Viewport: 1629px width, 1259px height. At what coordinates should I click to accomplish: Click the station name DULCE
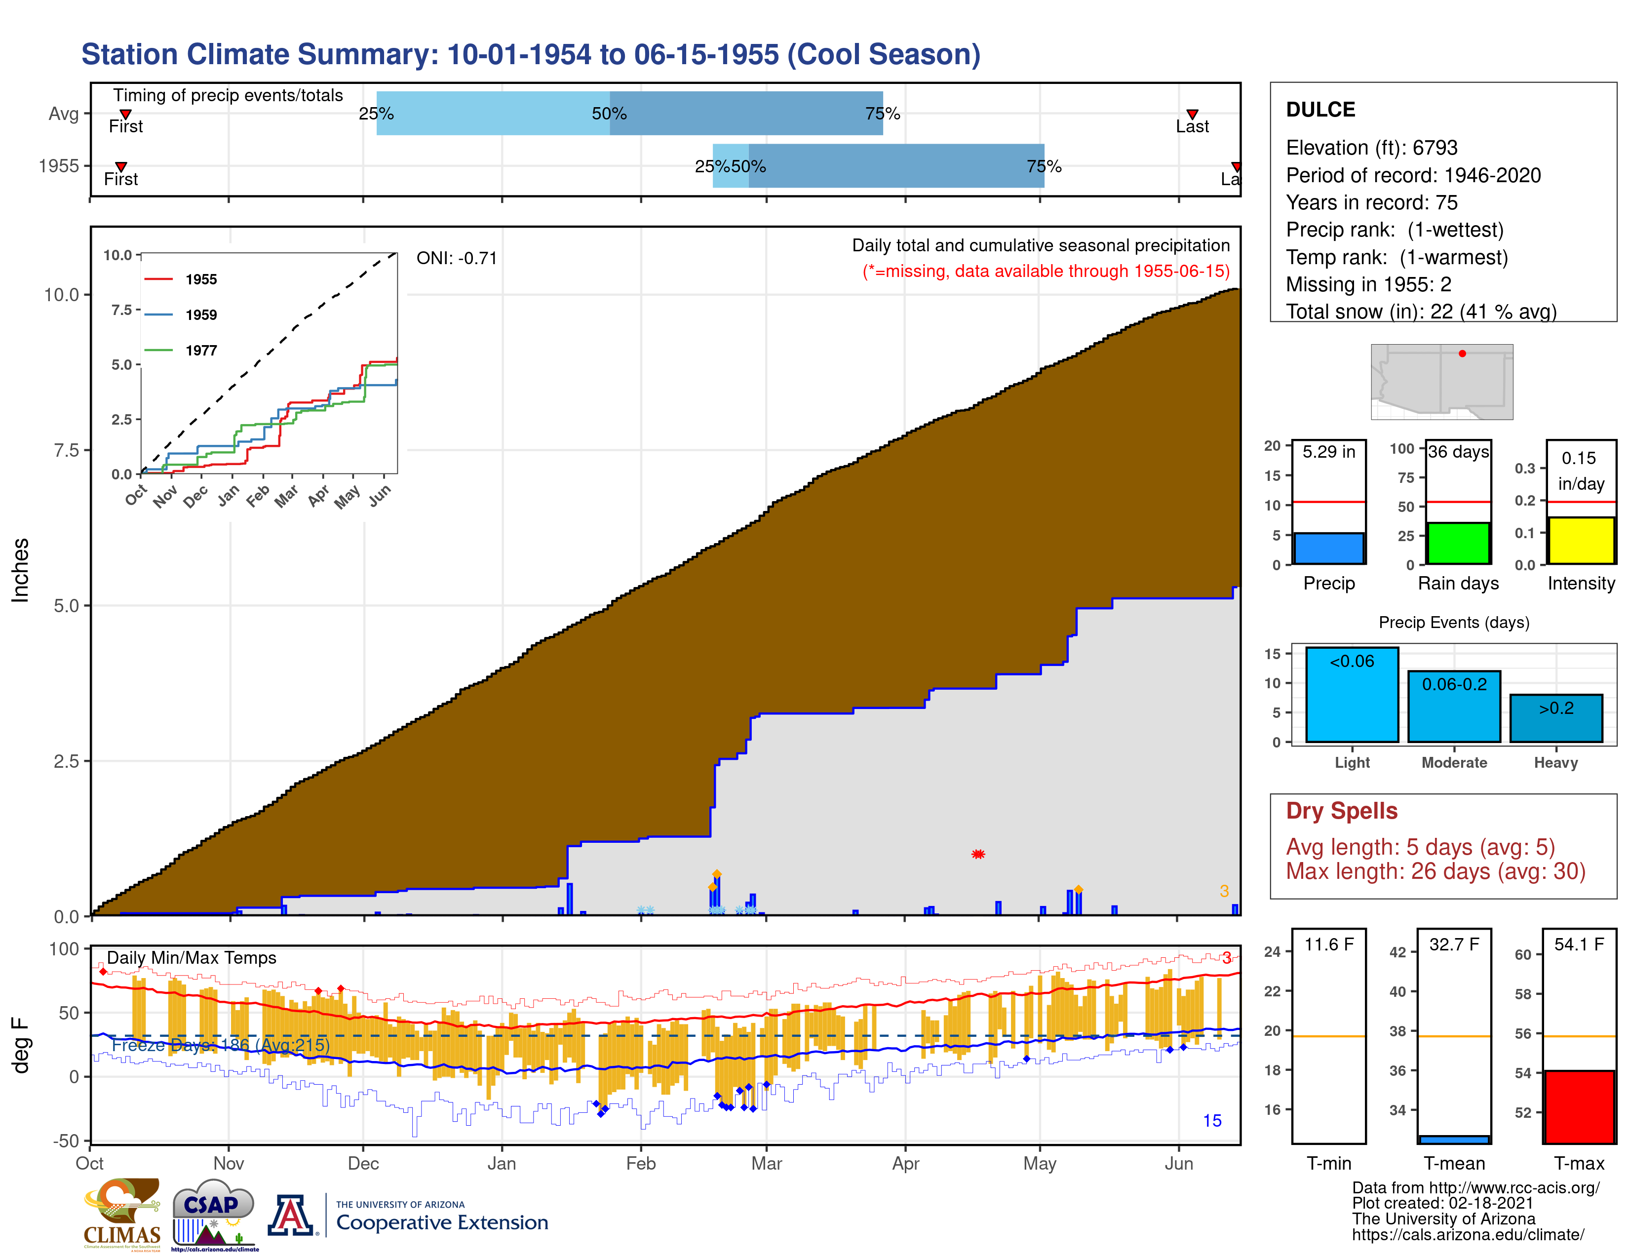click(1320, 110)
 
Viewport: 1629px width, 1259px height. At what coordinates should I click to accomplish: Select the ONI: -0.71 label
click(457, 258)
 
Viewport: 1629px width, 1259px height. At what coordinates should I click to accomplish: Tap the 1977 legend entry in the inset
click(200, 351)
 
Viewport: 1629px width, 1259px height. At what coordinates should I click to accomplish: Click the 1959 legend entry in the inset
click(200, 315)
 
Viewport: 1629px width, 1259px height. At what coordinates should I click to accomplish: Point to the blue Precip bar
click(1328, 548)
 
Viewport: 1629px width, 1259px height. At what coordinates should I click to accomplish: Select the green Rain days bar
click(1457, 543)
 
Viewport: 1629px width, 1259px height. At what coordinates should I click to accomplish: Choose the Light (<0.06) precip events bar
click(1352, 694)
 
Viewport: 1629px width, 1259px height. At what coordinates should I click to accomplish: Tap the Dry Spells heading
click(1341, 811)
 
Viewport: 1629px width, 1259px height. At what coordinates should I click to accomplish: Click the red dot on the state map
click(1462, 354)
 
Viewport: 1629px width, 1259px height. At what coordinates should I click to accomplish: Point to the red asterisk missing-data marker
click(978, 854)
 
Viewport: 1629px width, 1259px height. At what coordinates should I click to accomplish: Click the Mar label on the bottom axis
click(766, 1164)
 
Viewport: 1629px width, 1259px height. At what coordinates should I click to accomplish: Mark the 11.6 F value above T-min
click(1328, 944)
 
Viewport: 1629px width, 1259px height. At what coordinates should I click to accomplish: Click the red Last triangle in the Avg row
click(1192, 114)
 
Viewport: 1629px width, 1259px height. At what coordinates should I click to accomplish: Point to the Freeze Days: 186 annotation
click(220, 1045)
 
